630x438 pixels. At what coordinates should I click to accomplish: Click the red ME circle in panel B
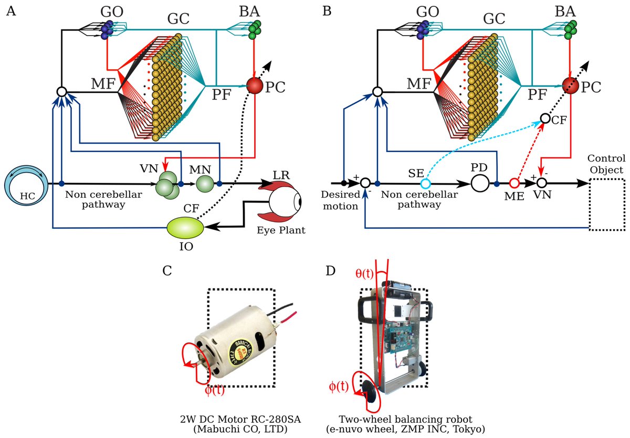(x=514, y=184)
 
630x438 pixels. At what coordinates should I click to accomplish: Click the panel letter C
(x=167, y=271)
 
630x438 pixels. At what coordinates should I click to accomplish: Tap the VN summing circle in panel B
(x=542, y=184)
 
